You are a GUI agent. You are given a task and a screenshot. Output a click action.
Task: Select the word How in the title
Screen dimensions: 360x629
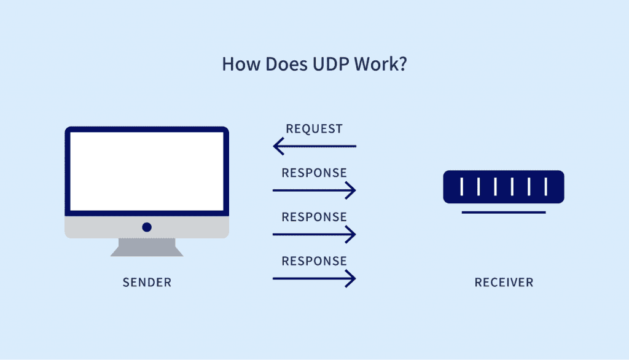click(237, 65)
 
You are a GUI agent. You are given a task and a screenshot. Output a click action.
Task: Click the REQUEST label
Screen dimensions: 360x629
click(314, 129)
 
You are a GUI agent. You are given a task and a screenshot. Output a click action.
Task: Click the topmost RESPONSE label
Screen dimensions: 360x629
click(314, 173)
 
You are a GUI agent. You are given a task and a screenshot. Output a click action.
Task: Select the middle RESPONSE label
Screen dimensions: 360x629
click(314, 217)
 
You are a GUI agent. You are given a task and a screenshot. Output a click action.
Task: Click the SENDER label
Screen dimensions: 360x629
click(147, 283)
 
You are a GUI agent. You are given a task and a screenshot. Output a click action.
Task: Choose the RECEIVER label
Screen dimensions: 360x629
click(504, 283)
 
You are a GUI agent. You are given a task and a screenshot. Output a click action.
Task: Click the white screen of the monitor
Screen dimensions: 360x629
click(147, 171)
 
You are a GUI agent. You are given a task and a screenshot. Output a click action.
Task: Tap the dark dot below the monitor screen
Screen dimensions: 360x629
click(147, 227)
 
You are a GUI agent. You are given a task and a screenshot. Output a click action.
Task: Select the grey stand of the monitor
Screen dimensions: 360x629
click(147, 247)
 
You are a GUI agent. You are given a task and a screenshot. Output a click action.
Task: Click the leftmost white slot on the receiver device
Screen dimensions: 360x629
click(461, 187)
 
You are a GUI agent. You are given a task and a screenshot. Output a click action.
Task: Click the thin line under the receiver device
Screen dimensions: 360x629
click(504, 213)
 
